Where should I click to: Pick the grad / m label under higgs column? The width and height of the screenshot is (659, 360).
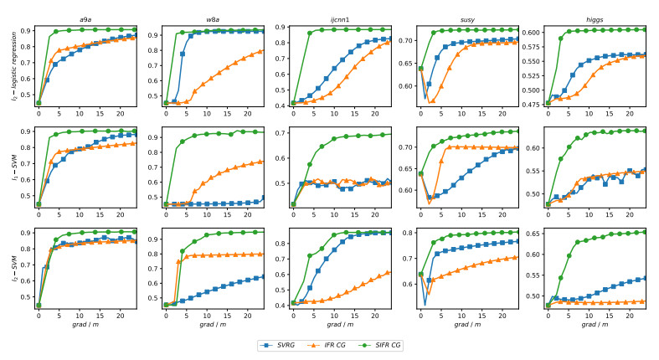click(x=595, y=325)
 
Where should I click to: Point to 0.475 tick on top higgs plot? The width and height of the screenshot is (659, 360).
click(x=529, y=104)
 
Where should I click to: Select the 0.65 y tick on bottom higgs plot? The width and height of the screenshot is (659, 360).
click(x=532, y=234)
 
